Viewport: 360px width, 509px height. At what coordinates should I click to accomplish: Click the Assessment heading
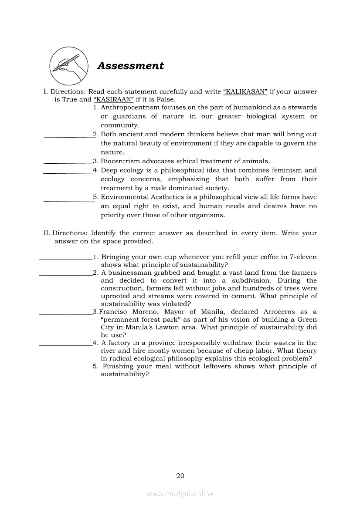pos(130,66)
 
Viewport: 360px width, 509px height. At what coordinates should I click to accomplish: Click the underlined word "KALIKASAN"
pos(245,92)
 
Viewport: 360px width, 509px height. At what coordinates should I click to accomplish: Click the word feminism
pos(286,170)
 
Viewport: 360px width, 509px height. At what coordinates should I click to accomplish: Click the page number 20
pos(180,475)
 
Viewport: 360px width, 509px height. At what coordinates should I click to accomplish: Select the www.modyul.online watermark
pos(180,494)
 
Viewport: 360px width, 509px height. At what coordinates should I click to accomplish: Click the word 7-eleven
pos(300,257)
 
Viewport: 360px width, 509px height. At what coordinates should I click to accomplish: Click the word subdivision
pos(247,280)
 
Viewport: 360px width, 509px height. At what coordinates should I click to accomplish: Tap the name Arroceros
pos(278,312)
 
